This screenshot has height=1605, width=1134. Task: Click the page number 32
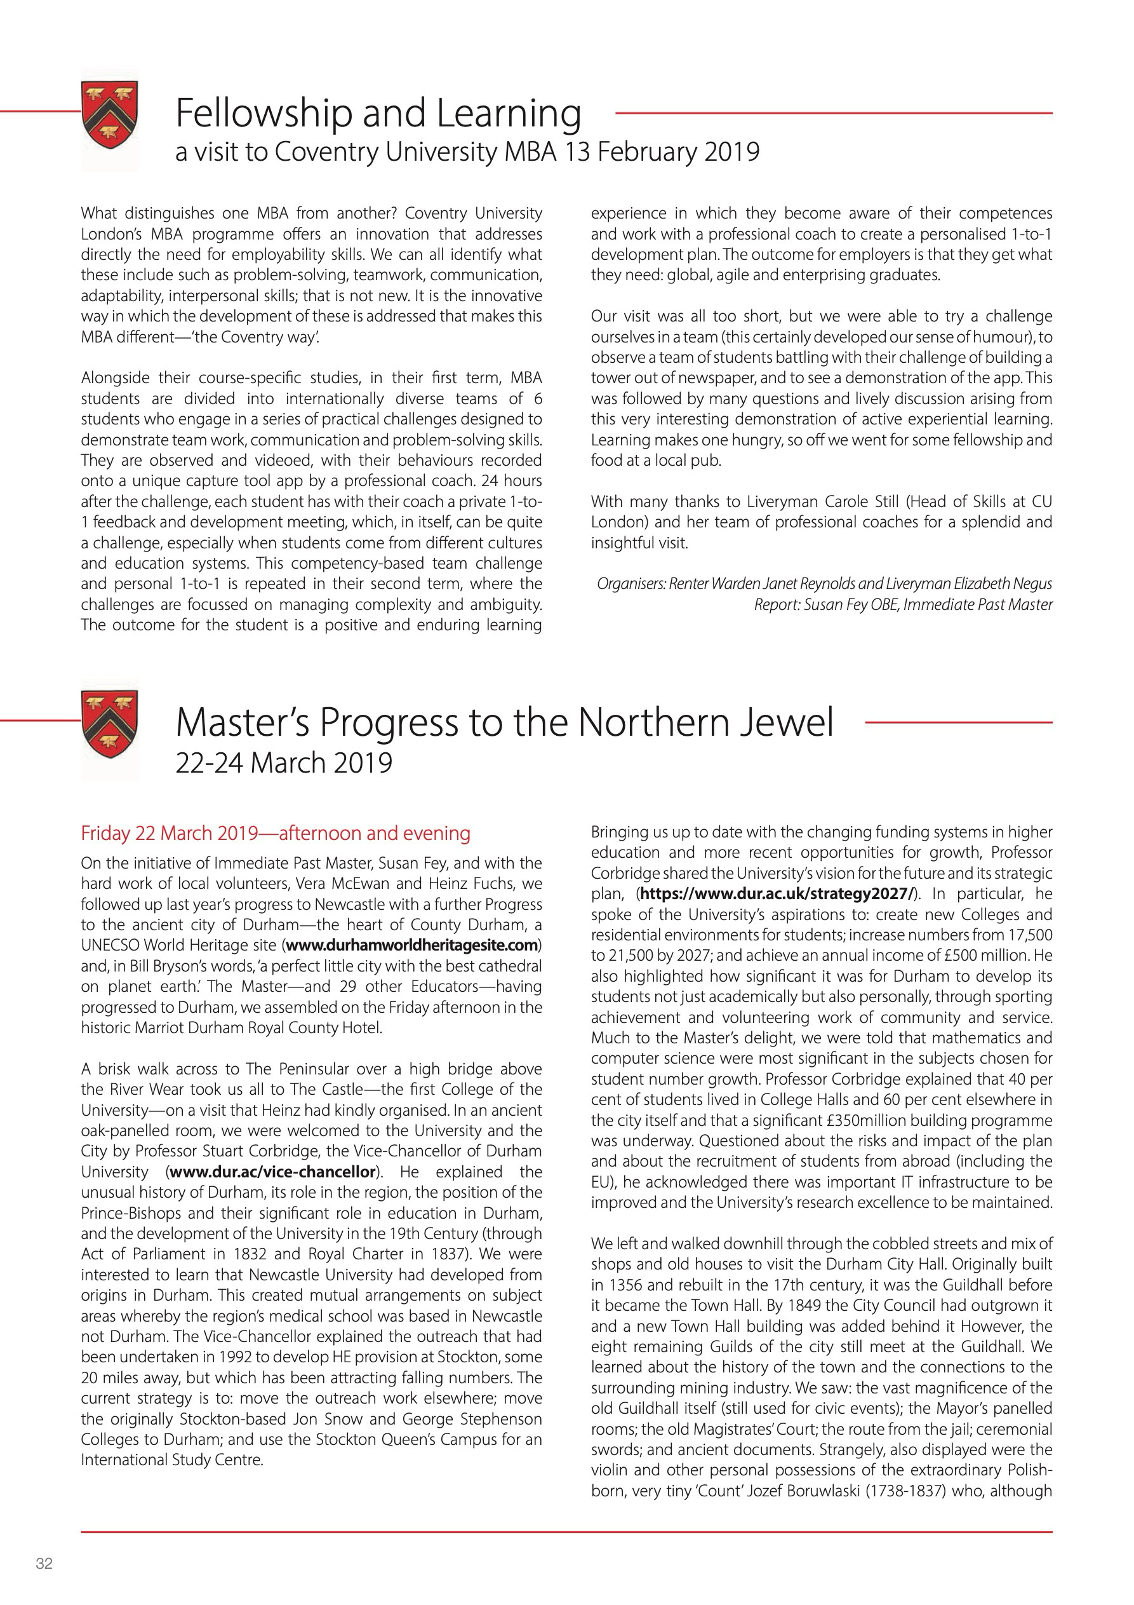coord(44,1563)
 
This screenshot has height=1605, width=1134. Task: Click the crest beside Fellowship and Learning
coord(110,116)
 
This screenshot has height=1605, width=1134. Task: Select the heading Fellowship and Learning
coord(378,113)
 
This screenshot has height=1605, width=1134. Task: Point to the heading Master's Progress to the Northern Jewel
coord(505,722)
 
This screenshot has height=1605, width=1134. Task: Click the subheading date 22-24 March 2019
coord(284,762)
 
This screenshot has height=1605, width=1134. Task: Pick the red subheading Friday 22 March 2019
coord(276,833)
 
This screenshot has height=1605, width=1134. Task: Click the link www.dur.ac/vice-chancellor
coord(272,1172)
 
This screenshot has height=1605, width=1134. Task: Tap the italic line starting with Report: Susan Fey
coord(903,605)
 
